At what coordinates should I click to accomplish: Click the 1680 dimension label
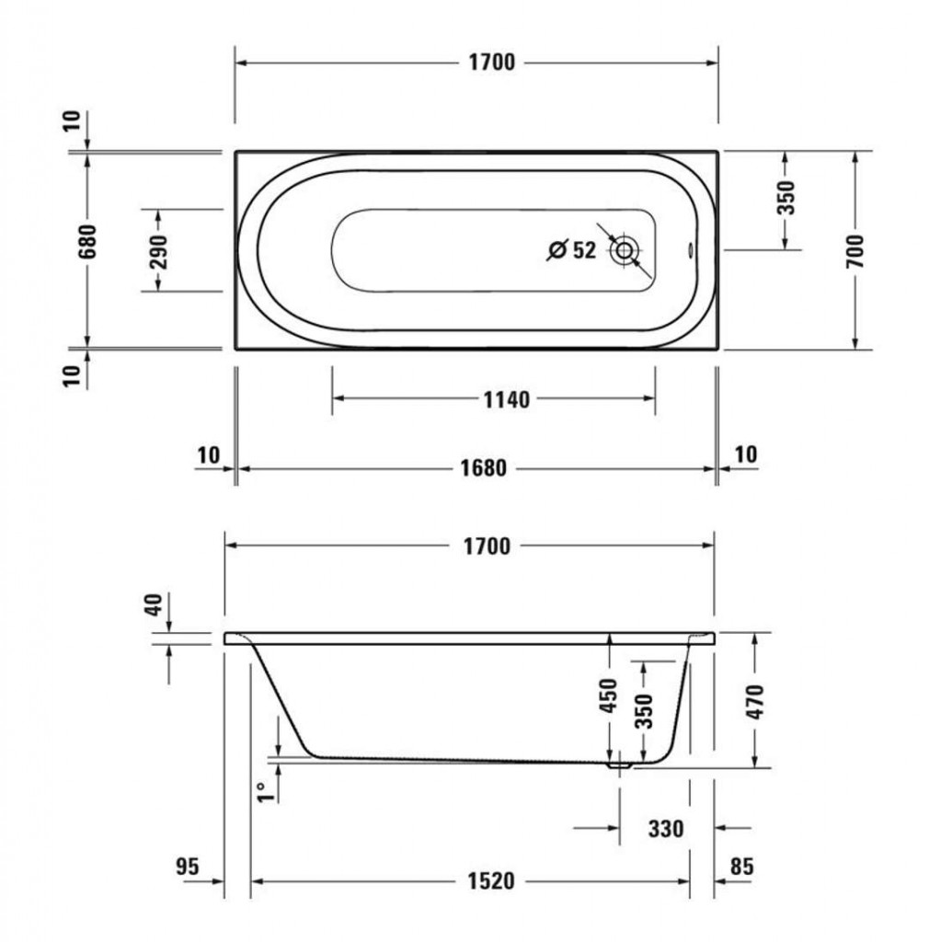pos(484,468)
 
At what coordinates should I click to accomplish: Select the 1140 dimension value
pos(507,399)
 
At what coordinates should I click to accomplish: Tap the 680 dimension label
pos(87,242)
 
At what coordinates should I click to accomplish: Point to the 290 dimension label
pos(158,251)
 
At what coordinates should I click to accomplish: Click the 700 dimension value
pos(855,251)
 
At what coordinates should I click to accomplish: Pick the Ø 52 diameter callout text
pos(572,249)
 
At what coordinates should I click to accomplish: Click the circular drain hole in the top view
pos(625,250)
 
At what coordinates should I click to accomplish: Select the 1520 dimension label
pos(491,881)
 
